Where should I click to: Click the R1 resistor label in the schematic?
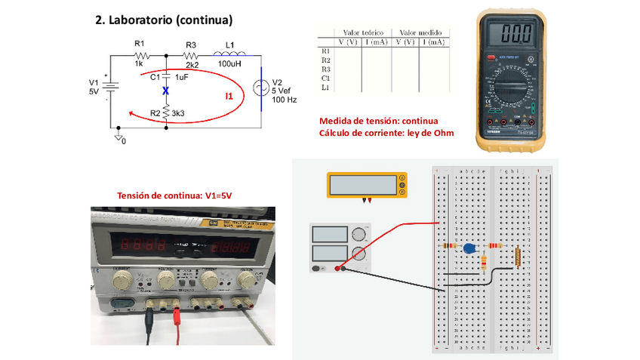[x=138, y=44]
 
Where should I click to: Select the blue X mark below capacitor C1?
[x=166, y=91]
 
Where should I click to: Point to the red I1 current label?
[x=229, y=96]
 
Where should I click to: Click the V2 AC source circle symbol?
[x=260, y=88]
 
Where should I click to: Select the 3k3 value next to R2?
[x=179, y=113]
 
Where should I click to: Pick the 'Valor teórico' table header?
[x=363, y=33]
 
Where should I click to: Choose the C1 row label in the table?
[x=325, y=78]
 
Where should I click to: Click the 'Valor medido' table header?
[x=420, y=33]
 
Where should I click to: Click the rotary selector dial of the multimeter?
[x=515, y=90]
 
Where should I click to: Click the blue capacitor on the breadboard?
[x=469, y=248]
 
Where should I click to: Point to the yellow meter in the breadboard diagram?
[x=367, y=185]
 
